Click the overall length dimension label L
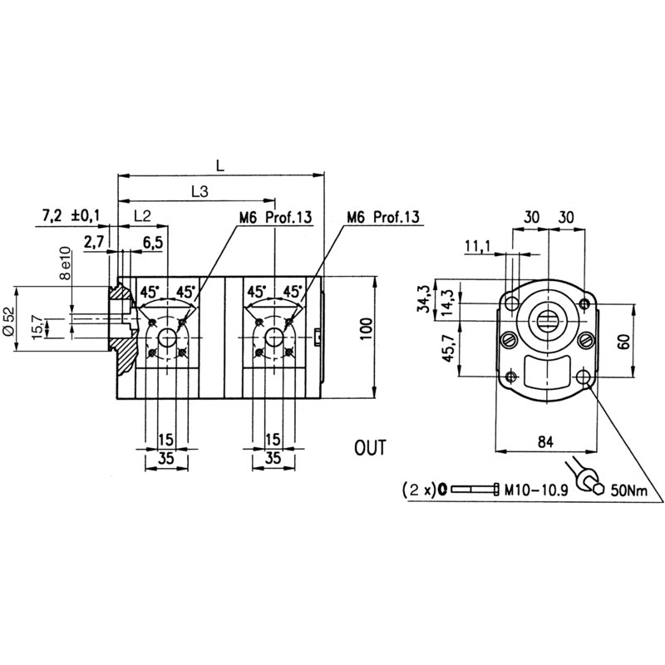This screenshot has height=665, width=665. [219, 165]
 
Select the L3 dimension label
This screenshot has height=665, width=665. [199, 191]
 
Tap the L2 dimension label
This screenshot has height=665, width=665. [142, 216]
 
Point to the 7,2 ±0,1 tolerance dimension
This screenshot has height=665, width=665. [70, 216]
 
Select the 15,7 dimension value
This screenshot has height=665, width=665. [35, 327]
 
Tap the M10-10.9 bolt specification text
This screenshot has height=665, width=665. [535, 490]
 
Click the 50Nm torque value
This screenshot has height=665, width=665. [629, 490]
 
